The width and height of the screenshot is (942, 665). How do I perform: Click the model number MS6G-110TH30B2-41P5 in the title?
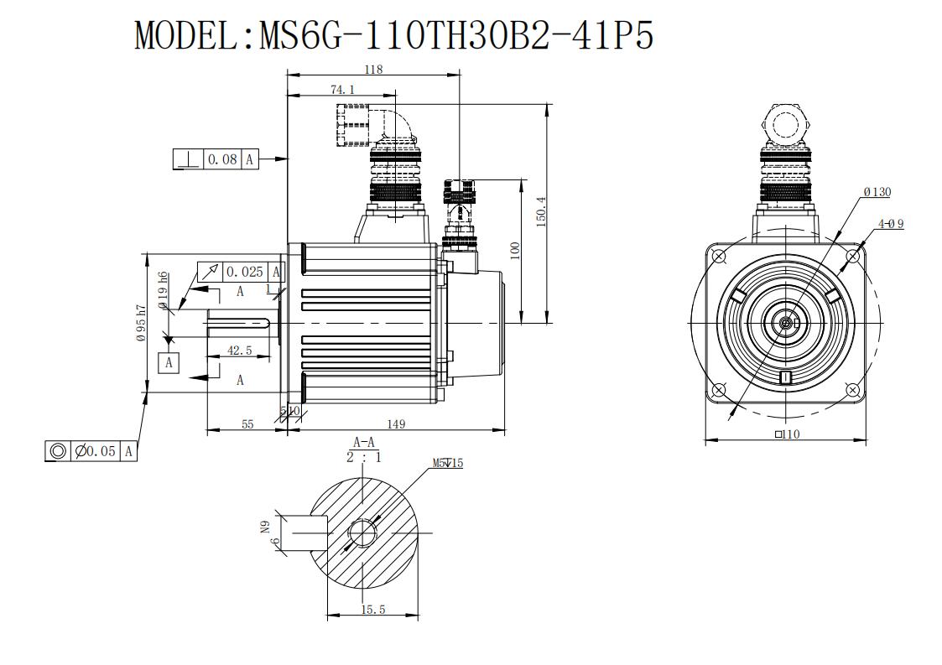(456, 35)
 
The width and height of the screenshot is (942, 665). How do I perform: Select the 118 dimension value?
(373, 69)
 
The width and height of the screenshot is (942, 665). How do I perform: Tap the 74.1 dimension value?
(342, 90)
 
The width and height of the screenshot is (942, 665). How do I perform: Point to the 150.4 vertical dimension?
(541, 211)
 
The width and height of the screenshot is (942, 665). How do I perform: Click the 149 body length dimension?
(396, 424)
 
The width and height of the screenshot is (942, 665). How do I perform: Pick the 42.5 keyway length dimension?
(239, 351)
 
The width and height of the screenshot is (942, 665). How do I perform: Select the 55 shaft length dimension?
(247, 424)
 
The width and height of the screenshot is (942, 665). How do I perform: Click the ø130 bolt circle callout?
(877, 192)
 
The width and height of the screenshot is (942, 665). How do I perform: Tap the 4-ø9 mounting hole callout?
(891, 223)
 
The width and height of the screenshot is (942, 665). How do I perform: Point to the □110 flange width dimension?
(788, 434)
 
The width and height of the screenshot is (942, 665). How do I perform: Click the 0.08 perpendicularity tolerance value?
(222, 159)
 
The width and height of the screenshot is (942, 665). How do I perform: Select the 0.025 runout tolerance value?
(244, 272)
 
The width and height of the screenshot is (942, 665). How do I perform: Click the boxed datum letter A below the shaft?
(169, 363)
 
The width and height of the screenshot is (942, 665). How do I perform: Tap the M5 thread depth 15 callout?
(448, 463)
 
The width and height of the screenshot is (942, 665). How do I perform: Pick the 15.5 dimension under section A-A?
(373, 610)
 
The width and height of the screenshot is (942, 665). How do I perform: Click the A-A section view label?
(364, 443)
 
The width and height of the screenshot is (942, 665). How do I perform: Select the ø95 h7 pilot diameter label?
(141, 323)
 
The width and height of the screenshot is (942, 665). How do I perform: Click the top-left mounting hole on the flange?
(718, 257)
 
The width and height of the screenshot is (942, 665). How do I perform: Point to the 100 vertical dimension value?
(515, 251)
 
